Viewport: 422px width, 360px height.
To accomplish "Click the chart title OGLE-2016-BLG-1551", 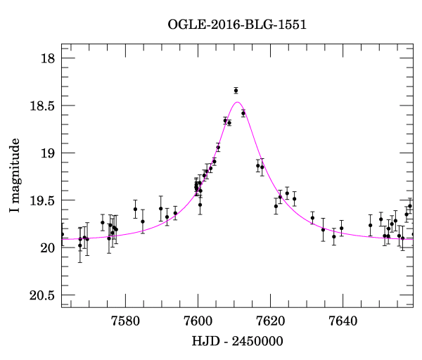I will [237, 25].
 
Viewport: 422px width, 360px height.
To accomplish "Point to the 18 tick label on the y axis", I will [46, 58].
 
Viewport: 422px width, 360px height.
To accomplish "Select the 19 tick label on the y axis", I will [46, 153].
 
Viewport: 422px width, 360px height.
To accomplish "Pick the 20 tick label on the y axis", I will [46, 247].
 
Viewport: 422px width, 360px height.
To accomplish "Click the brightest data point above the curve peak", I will [236, 91].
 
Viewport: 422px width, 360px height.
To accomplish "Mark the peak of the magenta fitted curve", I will [237, 103].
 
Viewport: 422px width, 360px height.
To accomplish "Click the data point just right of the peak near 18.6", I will [243, 113].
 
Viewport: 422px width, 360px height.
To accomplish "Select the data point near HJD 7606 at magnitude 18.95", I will [218, 148].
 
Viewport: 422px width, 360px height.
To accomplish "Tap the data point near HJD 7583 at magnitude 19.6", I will [135, 209].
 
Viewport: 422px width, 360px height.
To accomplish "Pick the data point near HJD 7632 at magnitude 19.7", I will [312, 218].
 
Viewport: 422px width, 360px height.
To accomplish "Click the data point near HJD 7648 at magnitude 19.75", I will [370, 225].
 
